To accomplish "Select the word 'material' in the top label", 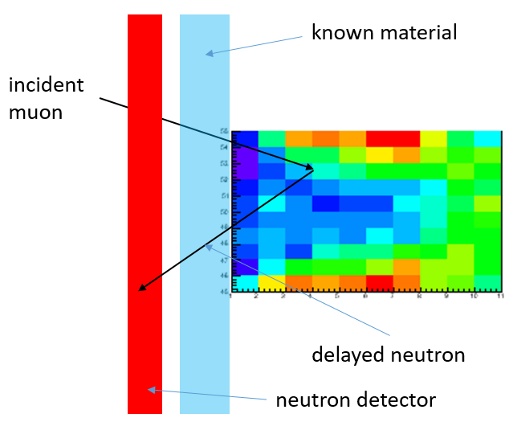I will tap(418, 33).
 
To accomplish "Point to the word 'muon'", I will tap(35, 111).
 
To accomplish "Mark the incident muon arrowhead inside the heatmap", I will tap(308, 167).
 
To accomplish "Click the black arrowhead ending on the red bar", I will tap(142, 287).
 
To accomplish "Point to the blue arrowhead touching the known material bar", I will tap(209, 53).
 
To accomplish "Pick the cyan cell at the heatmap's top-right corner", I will tap(487, 138).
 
